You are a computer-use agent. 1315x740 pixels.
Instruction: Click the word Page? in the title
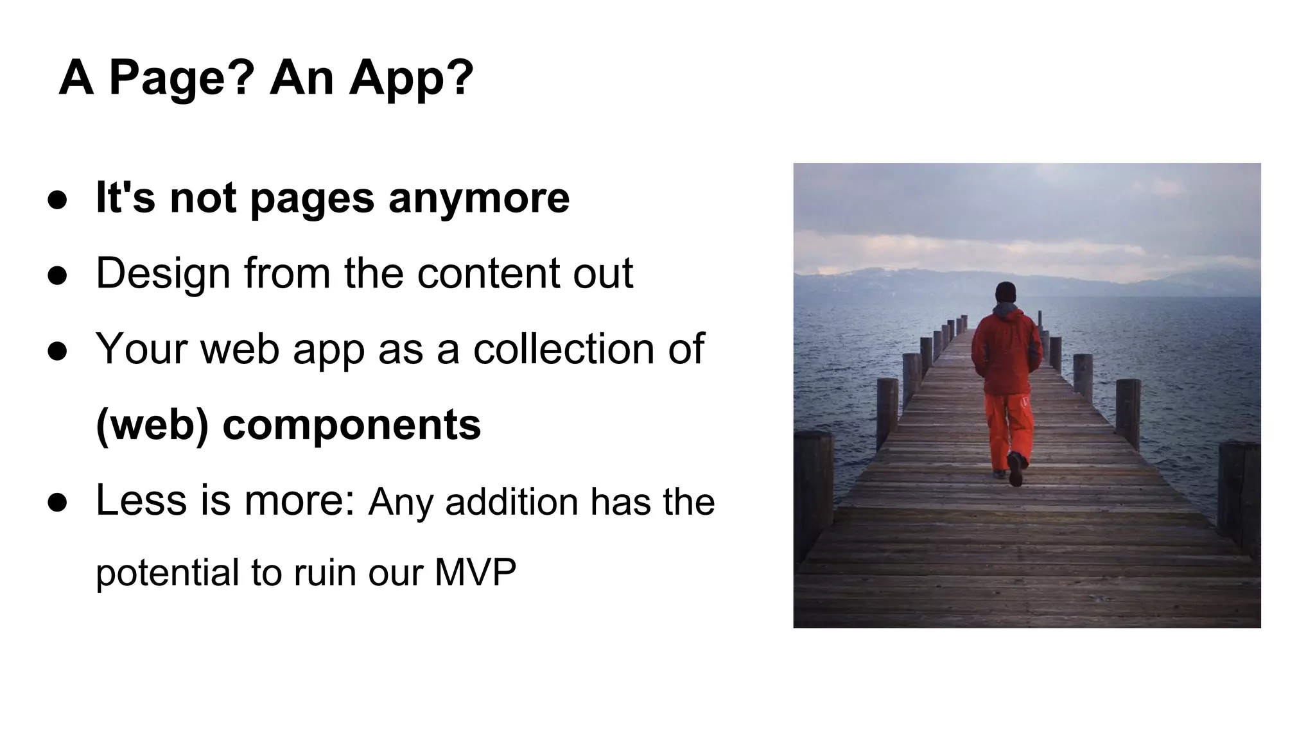(x=182, y=78)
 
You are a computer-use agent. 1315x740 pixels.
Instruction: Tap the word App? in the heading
(x=411, y=78)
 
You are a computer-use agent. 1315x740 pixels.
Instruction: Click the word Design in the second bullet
(x=162, y=273)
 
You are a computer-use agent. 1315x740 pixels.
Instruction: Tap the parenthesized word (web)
(x=152, y=425)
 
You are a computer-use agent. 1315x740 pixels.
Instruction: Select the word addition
(x=511, y=502)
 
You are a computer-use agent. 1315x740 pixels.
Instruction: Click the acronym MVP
(x=475, y=572)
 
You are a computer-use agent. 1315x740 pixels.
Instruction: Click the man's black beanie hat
(x=1006, y=292)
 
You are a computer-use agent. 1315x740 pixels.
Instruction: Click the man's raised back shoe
(x=1015, y=469)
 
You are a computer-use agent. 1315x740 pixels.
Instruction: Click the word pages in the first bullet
(x=312, y=198)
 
